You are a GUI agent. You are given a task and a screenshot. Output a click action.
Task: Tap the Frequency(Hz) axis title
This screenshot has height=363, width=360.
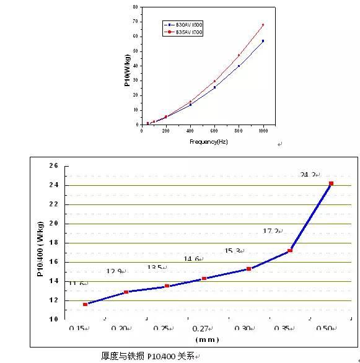pos(206,142)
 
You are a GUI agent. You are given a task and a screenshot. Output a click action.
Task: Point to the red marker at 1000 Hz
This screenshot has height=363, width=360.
pos(263,25)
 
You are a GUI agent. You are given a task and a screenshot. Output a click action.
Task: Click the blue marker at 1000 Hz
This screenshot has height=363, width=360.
pos(263,41)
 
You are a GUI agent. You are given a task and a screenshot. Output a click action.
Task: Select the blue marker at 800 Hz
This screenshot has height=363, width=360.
pos(239,66)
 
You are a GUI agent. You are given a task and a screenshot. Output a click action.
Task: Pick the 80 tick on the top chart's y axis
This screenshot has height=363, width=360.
pos(135,7)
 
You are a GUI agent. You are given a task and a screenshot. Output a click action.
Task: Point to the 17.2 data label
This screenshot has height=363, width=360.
pos(271,231)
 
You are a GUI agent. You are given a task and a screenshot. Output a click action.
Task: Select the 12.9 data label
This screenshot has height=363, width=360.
pos(115,271)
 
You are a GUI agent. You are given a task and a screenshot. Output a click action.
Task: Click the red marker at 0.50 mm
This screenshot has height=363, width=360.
pos(331,183)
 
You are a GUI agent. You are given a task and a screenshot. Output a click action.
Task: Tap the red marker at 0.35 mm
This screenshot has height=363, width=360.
pos(289,250)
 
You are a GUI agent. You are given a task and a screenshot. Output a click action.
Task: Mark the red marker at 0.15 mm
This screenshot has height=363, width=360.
pos(85,304)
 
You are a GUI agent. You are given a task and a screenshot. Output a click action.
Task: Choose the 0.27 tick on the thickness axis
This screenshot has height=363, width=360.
pos(203,328)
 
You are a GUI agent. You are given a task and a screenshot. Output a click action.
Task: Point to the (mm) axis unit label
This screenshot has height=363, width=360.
pos(206,340)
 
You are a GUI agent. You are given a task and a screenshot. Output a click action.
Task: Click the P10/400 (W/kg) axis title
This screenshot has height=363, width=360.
pos(40,243)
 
